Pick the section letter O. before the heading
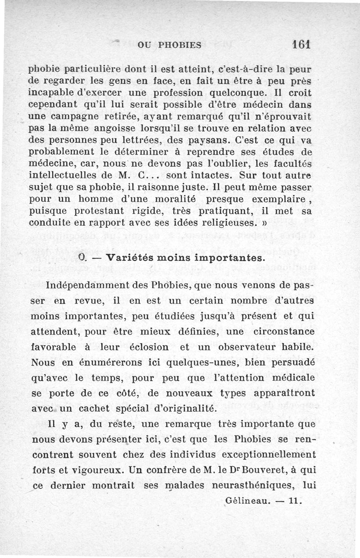(x=82, y=259)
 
